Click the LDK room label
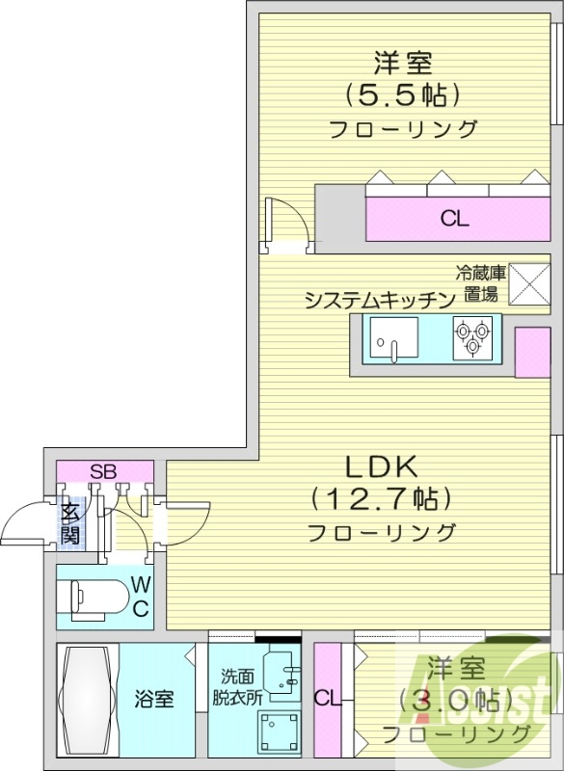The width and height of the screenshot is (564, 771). [381, 468]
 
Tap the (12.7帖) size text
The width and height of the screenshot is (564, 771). [381, 499]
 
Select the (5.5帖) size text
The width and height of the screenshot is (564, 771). [403, 94]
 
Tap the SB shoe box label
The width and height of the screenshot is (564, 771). [103, 472]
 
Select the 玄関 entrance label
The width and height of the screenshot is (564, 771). [70, 523]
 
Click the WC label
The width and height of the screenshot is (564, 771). [140, 596]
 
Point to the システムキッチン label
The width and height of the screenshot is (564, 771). [379, 300]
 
